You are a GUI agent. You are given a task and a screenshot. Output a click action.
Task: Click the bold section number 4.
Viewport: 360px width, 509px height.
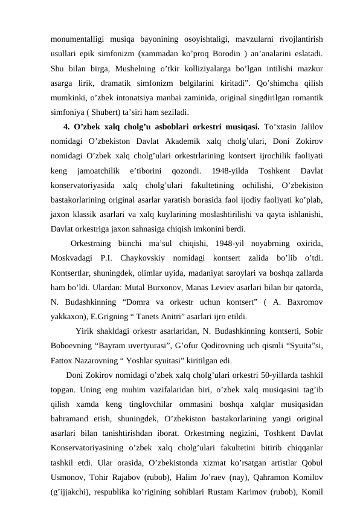pyautogui.click(x=66, y=126)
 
